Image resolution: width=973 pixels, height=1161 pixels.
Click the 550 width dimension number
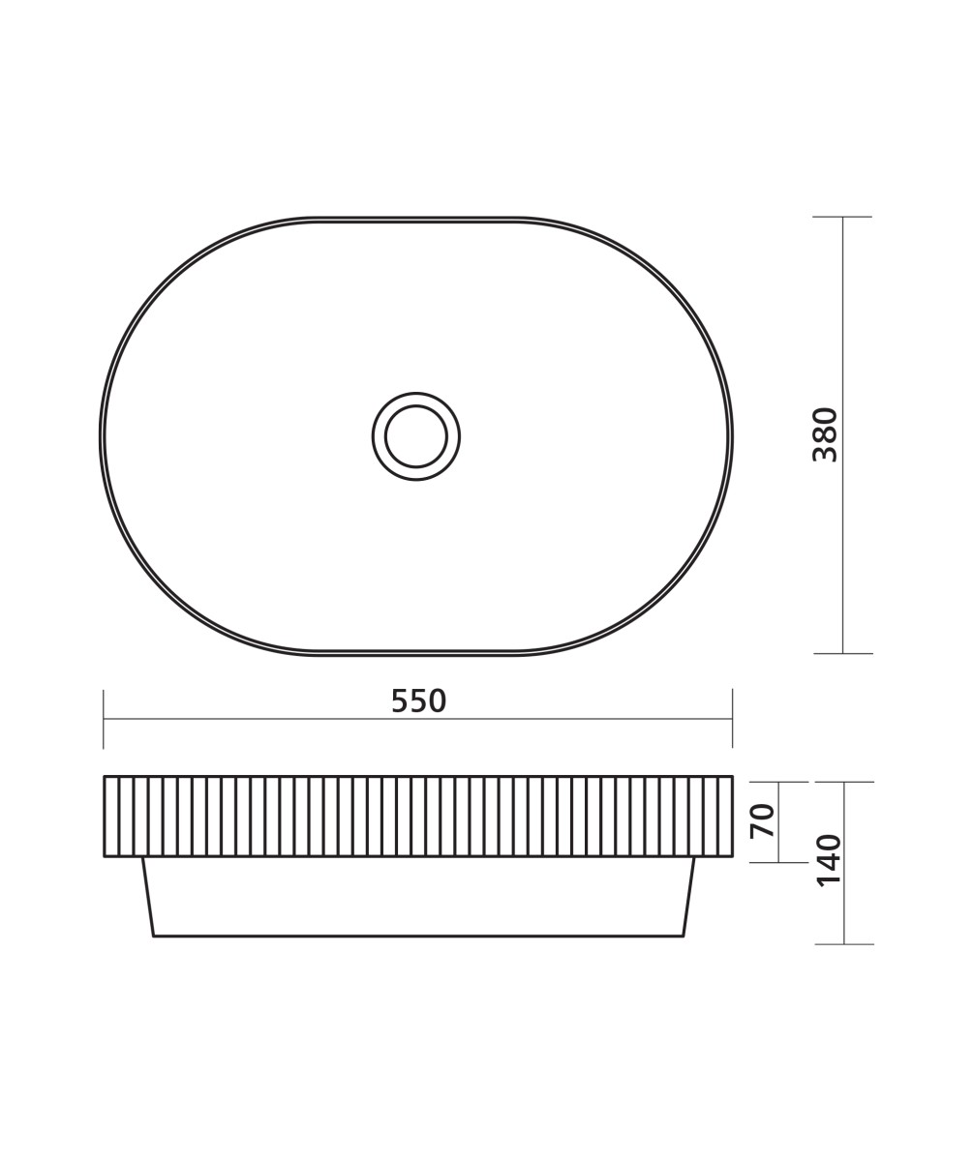[x=418, y=701]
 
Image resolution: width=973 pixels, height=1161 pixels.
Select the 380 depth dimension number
[x=825, y=434]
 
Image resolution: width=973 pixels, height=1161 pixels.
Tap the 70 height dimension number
[x=763, y=820]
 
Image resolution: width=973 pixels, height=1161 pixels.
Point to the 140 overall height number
[x=829, y=859]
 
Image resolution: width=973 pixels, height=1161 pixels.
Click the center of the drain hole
[x=416, y=436]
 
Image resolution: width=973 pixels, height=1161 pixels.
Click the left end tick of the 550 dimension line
[x=104, y=719]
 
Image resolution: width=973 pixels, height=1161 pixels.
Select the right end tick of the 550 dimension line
[x=732, y=719]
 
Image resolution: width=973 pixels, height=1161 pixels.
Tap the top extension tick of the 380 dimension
[x=842, y=217]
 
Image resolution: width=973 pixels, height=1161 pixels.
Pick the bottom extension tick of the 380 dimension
[x=842, y=654]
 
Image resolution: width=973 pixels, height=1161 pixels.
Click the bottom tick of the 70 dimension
[x=778, y=862]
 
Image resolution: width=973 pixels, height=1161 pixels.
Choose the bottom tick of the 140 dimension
[x=844, y=944]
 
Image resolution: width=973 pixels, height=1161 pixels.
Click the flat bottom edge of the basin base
[x=418, y=936]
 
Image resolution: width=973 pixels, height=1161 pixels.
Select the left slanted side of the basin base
[x=148, y=897]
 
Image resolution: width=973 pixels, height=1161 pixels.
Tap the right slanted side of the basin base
[x=688, y=897]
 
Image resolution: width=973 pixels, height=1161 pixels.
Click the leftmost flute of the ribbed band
[x=111, y=816]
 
